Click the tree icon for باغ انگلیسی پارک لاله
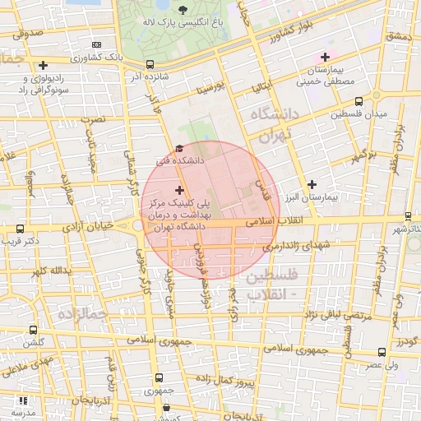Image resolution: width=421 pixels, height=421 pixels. [183, 10]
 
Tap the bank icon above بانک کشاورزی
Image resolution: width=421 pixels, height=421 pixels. [97, 44]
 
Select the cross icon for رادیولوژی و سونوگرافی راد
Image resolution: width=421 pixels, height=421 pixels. [42, 65]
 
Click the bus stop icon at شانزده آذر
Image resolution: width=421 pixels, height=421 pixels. [149, 64]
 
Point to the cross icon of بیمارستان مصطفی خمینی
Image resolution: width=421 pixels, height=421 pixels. [325, 57]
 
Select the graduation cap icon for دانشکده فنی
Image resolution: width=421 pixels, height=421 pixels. [178, 149]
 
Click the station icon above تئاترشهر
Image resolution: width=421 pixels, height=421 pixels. [407, 215]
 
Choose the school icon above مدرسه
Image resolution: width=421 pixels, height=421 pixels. [21, 400]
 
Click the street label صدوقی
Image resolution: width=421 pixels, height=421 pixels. [27, 34]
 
